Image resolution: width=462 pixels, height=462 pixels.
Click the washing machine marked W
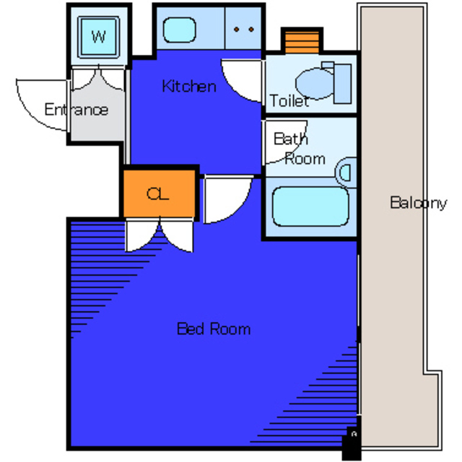pos(98,37)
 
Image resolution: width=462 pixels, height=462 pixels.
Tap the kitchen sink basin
pos(180,30)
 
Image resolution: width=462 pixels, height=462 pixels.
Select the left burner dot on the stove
pos(236,29)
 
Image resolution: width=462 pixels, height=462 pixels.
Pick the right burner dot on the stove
pos(251,29)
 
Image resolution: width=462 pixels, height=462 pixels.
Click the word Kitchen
pos(189,87)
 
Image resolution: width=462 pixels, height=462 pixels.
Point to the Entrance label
pos(77,110)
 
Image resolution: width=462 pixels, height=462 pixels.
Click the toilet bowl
pos(315,84)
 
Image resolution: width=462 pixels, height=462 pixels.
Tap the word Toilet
pos(289,101)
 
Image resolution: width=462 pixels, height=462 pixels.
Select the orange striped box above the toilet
pos(302,42)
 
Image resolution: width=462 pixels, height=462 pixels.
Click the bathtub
pos(310,206)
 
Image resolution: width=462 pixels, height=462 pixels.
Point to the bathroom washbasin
pos(346,173)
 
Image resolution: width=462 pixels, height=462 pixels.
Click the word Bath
pos(291,139)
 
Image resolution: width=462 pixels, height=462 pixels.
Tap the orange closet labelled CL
pos(159,193)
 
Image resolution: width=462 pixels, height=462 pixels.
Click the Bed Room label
pos(214,329)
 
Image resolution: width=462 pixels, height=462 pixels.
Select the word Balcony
pos(419,203)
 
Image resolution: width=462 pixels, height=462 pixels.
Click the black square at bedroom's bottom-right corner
pos(352,443)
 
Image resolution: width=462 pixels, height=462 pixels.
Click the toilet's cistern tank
pos(343,84)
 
